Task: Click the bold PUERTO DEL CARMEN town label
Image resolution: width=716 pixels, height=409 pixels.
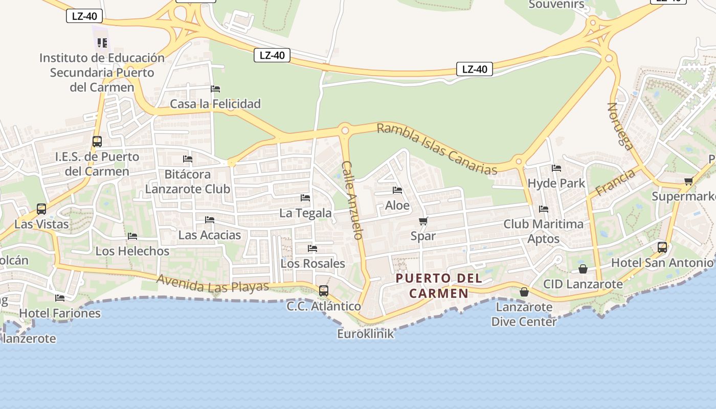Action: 439,286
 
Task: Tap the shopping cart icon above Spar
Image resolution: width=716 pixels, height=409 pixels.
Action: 423,221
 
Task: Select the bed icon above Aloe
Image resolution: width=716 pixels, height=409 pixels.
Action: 397,190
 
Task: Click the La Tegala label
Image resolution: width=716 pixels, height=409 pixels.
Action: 305,213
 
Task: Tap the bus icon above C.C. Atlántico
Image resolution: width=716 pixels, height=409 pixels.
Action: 324,291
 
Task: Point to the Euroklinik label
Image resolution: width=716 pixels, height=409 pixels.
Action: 366,334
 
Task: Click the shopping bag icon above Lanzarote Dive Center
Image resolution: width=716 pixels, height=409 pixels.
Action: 524,292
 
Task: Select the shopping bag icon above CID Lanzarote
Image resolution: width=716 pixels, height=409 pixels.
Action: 583,269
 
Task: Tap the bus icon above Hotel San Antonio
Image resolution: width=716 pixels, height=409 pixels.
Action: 662,247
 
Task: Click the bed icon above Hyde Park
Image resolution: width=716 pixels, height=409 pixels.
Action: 556,168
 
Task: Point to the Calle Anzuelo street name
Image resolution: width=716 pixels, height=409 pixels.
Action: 352,200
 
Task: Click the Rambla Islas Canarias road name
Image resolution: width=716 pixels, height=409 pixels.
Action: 437,149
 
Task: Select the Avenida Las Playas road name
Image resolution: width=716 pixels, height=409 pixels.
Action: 213,284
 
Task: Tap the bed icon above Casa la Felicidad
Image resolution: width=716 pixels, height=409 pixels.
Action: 215,89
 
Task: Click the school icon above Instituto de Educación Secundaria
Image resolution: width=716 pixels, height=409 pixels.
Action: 102,43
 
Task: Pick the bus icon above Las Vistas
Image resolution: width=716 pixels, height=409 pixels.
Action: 41,209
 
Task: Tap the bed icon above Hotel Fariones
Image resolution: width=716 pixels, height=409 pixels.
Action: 60,298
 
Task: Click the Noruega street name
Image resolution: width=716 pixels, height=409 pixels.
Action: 620,126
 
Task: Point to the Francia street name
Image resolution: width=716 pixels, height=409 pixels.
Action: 616,183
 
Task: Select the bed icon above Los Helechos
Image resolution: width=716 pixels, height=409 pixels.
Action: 132,236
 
